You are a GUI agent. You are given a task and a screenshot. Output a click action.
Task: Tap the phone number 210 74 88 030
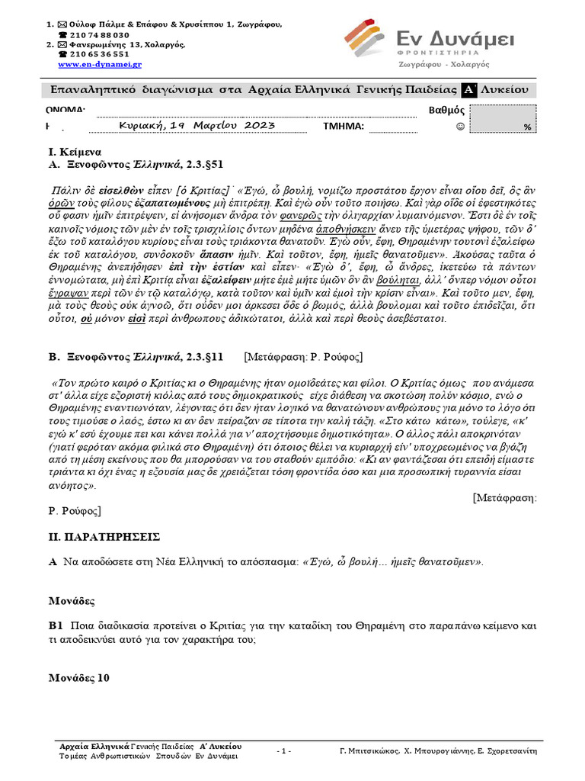coord(99,35)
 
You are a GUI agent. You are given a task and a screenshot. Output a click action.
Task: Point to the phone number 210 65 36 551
coord(99,55)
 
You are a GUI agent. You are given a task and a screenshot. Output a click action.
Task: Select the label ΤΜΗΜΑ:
coord(344,127)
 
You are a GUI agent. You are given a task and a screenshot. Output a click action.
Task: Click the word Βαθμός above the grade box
coord(447,111)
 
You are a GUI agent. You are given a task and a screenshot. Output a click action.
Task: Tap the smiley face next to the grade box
coord(459,127)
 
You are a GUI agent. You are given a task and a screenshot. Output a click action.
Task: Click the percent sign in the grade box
coord(526,127)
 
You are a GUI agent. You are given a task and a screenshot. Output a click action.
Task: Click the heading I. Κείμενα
coord(75,152)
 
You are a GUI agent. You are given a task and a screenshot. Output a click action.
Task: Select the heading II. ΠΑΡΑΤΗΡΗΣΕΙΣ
coord(102,537)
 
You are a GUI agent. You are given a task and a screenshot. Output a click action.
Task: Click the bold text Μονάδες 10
coord(79,677)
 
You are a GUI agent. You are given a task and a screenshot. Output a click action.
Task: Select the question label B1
coord(55,625)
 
